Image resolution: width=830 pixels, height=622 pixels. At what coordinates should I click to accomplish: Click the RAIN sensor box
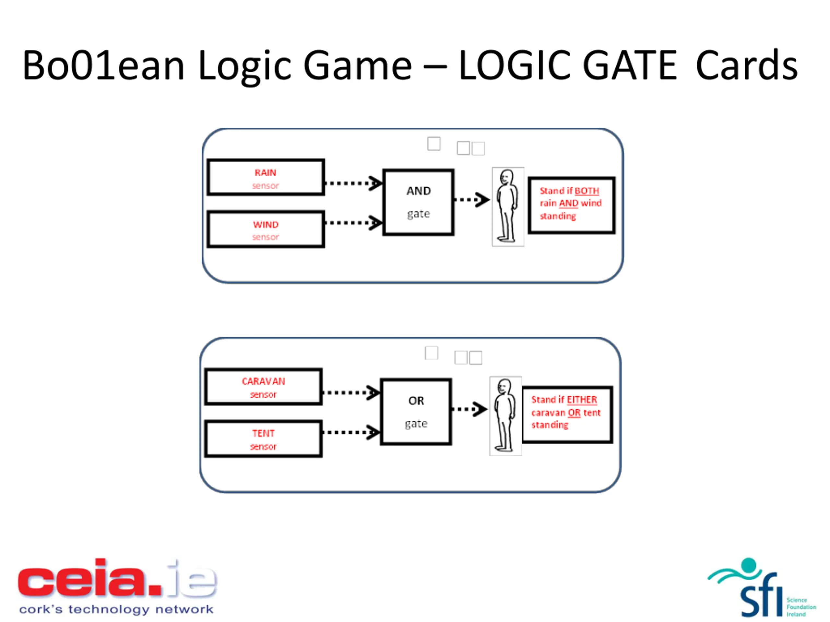pyautogui.click(x=266, y=177)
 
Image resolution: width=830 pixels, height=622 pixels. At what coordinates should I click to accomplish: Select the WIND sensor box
pyautogui.click(x=266, y=229)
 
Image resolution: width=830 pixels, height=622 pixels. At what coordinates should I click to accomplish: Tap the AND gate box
pyautogui.click(x=418, y=202)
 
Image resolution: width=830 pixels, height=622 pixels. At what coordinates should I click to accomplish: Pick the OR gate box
pyautogui.click(x=416, y=412)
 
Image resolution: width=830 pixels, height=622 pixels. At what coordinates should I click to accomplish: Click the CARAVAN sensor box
pyautogui.click(x=263, y=386)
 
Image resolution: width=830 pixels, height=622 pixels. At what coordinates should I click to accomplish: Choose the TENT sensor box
pyautogui.click(x=263, y=439)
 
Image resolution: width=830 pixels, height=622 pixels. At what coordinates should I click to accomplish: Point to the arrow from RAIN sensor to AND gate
pyautogui.click(x=353, y=183)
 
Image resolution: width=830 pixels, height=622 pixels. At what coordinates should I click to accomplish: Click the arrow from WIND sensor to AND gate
pyautogui.click(x=353, y=223)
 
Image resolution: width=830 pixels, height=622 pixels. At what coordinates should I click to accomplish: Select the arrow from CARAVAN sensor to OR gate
pyautogui.click(x=351, y=393)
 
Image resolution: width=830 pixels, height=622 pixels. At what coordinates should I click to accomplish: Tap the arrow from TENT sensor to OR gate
pyautogui.click(x=351, y=432)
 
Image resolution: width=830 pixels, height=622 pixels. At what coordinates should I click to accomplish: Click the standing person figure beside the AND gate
pyautogui.click(x=508, y=207)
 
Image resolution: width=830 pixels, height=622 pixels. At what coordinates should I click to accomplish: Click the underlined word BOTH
pyautogui.click(x=587, y=191)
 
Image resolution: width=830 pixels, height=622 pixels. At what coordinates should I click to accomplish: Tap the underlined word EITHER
pyautogui.click(x=582, y=400)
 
